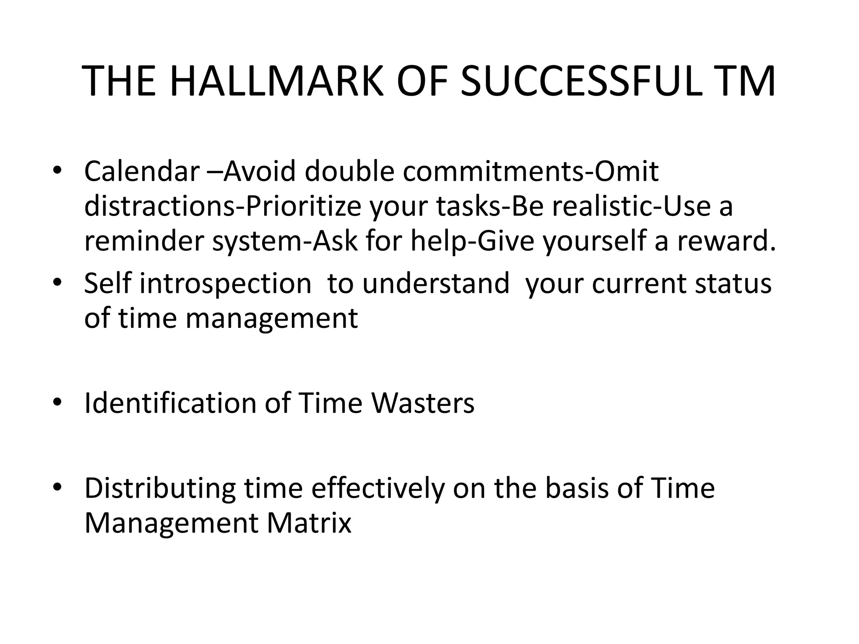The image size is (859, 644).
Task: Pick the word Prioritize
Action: [303, 207]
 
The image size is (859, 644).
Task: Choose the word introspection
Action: [225, 284]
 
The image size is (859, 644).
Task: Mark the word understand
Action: [436, 283]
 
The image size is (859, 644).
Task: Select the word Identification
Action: [170, 403]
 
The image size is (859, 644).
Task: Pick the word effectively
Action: [377, 489]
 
